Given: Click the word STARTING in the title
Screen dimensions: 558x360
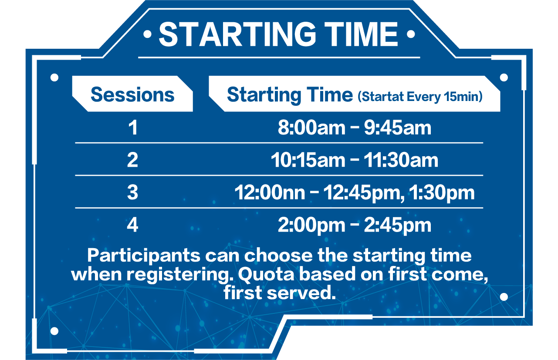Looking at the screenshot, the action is pos(238,34).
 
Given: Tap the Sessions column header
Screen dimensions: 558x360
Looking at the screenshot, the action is pos(132,94).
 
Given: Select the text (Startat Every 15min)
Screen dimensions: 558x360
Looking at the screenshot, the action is pos(420,97).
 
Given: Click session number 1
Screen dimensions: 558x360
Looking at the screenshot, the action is pos(133,128).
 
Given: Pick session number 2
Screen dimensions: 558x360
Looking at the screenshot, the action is pos(132,160).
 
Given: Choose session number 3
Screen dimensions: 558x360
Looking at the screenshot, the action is pos(132,192).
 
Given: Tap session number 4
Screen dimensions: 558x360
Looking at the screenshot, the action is pos(132,225).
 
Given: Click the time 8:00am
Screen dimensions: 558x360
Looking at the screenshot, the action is pos(311,128).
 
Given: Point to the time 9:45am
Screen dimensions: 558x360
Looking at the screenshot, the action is pos(398,128).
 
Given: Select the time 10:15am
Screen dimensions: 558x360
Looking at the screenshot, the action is pos(308,160).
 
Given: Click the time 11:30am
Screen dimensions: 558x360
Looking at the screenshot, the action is pos(401,160).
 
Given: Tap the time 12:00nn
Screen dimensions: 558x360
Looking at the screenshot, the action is pos(270,192).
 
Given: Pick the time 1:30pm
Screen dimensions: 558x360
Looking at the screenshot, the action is pos(442,193).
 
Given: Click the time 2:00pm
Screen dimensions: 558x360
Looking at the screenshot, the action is pos(311,225).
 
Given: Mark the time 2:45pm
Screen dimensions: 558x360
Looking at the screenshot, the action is pos(398,225).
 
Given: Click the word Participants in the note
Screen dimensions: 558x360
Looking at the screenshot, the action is pos(144,256).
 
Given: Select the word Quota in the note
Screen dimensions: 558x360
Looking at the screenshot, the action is pos(266,274).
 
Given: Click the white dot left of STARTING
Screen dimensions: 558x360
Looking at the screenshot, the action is pos(148,34).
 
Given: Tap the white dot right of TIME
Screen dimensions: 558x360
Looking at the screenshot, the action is pos(411,34).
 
